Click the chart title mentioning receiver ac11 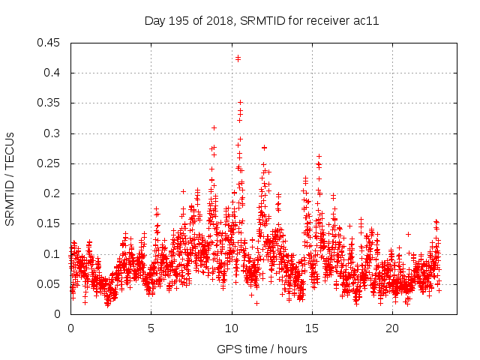[x=261, y=21]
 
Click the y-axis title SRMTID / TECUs [x=10, y=178]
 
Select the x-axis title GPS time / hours [x=262, y=349]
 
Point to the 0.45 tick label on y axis [x=50, y=43]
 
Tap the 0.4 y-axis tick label [x=53, y=73]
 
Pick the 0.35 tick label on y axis [x=50, y=103]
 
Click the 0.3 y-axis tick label [x=53, y=133]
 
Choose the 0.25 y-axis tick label [x=50, y=163]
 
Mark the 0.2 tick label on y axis [x=53, y=193]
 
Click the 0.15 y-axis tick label [x=50, y=224]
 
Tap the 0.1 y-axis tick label [x=53, y=254]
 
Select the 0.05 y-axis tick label [x=50, y=284]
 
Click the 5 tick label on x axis [x=151, y=328]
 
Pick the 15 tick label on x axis [x=311, y=328]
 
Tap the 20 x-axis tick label [x=392, y=328]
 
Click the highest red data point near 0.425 [x=238, y=58]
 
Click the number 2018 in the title [x=222, y=21]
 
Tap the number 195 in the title [x=181, y=21]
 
